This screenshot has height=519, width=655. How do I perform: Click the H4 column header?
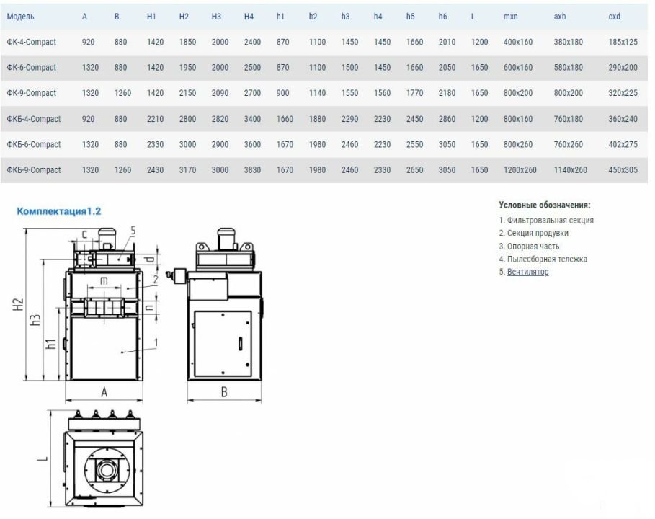[249, 17]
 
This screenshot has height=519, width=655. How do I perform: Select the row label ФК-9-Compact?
[31, 93]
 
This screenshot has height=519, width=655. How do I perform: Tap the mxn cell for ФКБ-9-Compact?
[520, 169]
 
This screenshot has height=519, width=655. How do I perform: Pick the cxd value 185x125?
[623, 42]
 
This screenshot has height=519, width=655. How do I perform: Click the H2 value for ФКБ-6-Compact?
[187, 144]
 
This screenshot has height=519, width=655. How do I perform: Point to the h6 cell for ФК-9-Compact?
[447, 93]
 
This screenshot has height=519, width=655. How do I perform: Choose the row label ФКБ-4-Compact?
[33, 119]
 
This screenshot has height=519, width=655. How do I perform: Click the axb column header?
[560, 17]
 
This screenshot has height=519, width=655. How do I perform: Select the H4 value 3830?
[252, 169]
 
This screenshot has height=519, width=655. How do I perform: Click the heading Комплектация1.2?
[59, 211]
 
